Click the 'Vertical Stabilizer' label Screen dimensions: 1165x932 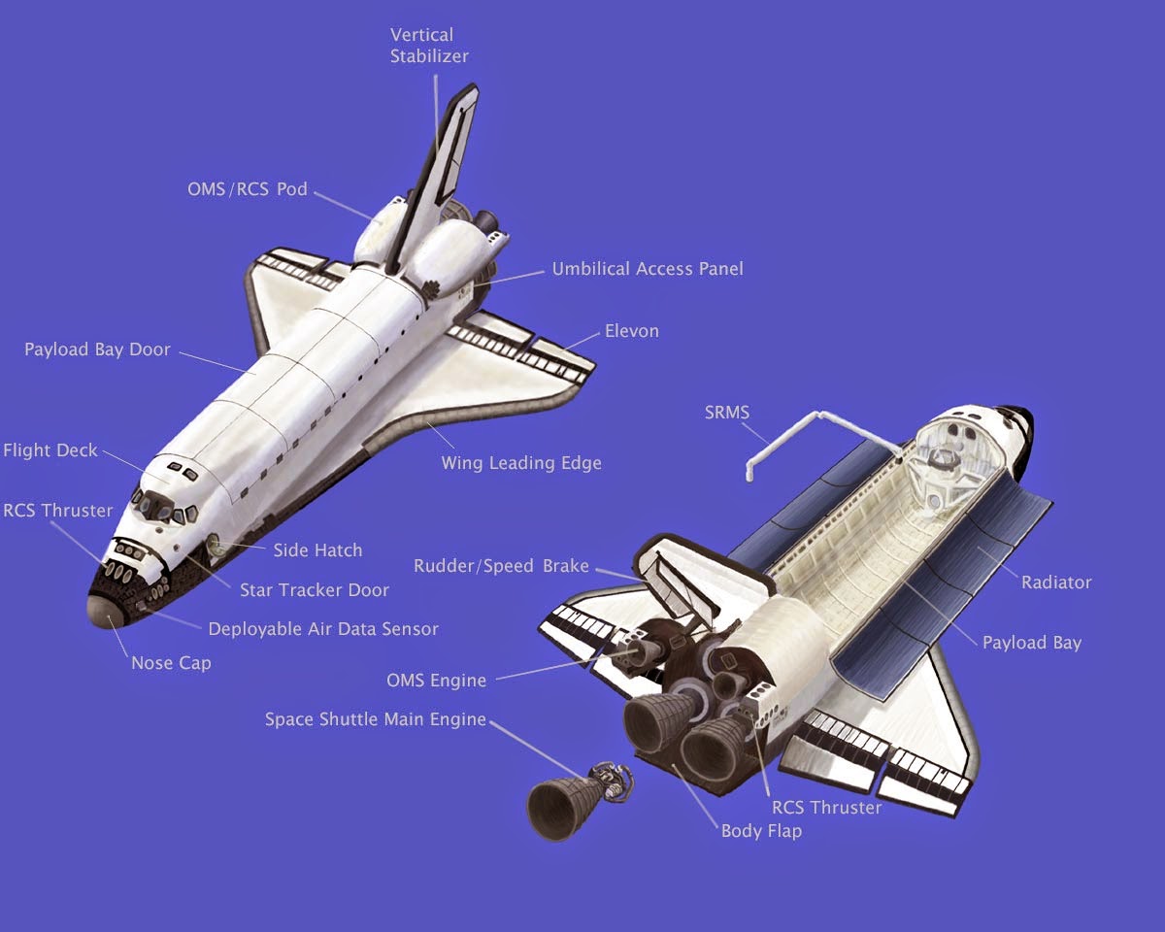coord(429,45)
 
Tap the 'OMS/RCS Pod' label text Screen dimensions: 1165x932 coord(247,188)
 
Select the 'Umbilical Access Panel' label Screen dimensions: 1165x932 coord(648,268)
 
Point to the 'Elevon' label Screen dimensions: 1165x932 coord(631,330)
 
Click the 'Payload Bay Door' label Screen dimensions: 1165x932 coord(97,349)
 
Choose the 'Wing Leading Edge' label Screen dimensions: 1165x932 coord(521,462)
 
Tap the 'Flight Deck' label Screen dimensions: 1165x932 coord(50,450)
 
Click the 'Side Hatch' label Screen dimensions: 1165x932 coord(317,549)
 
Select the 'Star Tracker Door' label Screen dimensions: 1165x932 coord(315,589)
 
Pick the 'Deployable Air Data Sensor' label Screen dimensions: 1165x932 coord(323,628)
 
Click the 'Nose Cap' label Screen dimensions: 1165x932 coord(171,663)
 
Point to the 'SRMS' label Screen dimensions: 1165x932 coord(727,413)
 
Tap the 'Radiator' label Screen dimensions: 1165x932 coord(1056,582)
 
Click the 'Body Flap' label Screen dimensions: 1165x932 coord(761,831)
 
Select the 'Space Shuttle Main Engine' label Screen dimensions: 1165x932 coord(375,719)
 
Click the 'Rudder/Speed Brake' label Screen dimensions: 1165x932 coord(501,566)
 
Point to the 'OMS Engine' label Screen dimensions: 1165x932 coord(436,680)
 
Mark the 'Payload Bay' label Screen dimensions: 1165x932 coord(1031,642)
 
